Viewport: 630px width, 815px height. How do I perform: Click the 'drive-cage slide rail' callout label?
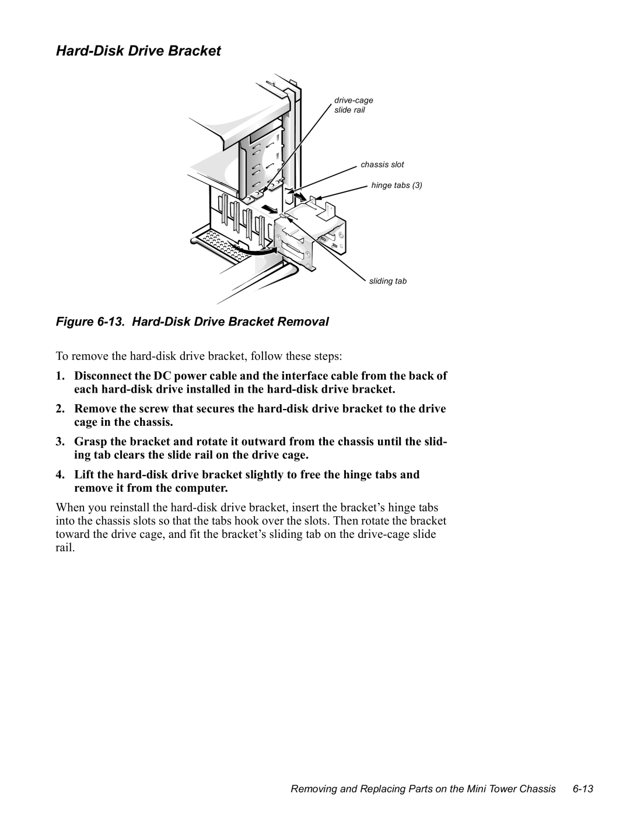(353, 105)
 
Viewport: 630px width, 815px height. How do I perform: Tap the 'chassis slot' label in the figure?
(382, 165)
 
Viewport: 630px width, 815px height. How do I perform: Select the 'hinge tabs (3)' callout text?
(396, 186)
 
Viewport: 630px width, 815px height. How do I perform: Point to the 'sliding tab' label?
(387, 281)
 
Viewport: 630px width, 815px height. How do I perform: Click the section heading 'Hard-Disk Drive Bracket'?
(138, 51)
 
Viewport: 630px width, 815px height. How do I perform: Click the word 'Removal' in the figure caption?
(310, 321)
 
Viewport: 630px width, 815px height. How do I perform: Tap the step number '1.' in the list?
(61, 376)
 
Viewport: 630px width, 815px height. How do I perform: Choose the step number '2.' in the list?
(61, 409)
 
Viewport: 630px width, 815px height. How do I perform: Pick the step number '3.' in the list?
(61, 442)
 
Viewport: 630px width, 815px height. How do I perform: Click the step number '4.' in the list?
(61, 474)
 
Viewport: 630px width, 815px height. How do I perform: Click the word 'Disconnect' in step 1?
(102, 376)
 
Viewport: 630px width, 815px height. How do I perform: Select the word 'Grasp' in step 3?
(89, 442)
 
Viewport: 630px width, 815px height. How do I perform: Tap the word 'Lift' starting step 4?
(84, 474)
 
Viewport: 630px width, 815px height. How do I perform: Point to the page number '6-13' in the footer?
(583, 789)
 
